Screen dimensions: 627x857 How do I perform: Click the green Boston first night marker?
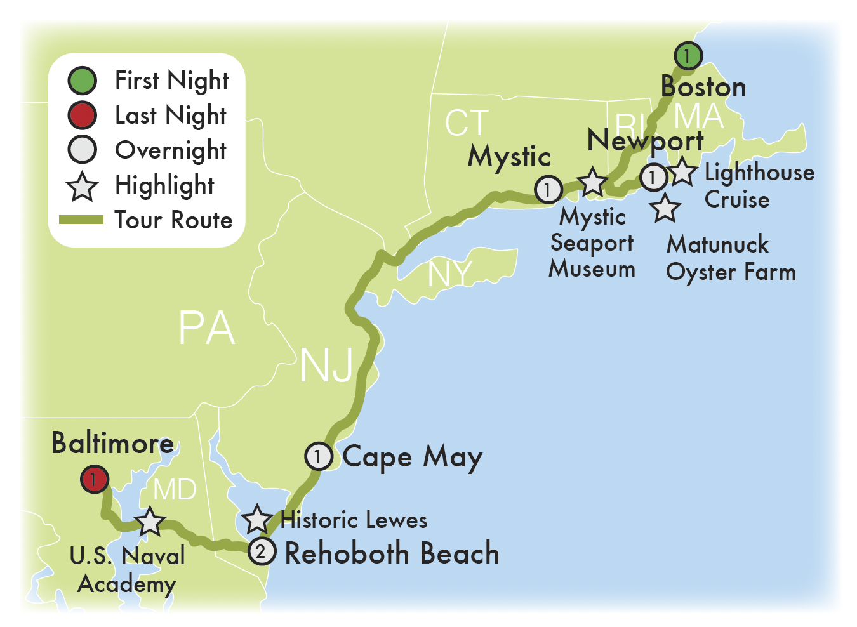[x=688, y=56]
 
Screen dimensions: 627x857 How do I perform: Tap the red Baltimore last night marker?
[x=94, y=479]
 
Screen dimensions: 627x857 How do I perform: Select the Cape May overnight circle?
[x=319, y=456]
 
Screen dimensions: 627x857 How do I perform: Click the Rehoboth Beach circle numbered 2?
[x=261, y=551]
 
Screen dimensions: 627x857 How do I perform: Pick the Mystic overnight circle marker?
[x=548, y=189]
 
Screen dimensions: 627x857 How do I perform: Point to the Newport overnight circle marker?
[x=653, y=177]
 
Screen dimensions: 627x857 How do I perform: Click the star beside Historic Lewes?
[x=257, y=520]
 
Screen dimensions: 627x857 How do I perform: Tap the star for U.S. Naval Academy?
[x=150, y=522]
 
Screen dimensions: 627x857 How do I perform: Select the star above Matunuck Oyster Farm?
[x=665, y=208]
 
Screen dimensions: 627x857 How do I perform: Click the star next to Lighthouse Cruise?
[x=682, y=172]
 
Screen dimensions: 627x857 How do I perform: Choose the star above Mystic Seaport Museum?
[x=592, y=182]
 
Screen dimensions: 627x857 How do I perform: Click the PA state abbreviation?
[x=206, y=328]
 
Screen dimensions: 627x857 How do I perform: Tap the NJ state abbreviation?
[x=326, y=366]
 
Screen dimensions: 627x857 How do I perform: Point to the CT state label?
[x=467, y=123]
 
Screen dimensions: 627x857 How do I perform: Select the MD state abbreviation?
[x=175, y=489]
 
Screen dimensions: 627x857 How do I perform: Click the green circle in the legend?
[x=82, y=81]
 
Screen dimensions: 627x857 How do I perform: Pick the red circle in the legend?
[x=82, y=115]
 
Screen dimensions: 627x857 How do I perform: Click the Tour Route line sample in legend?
[x=81, y=220]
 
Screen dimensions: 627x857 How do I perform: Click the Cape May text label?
[x=413, y=457]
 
